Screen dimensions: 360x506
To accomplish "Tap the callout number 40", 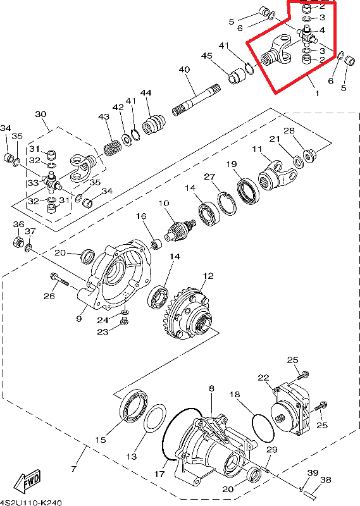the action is [x=184, y=70].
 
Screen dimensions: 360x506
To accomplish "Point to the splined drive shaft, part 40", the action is [x=196, y=100].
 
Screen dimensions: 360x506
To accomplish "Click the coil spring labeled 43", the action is [x=113, y=149].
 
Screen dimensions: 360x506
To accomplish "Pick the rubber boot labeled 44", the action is [x=154, y=124].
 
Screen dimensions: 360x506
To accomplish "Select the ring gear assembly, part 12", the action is [x=187, y=314].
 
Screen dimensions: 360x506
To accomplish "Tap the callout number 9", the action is [x=79, y=319].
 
